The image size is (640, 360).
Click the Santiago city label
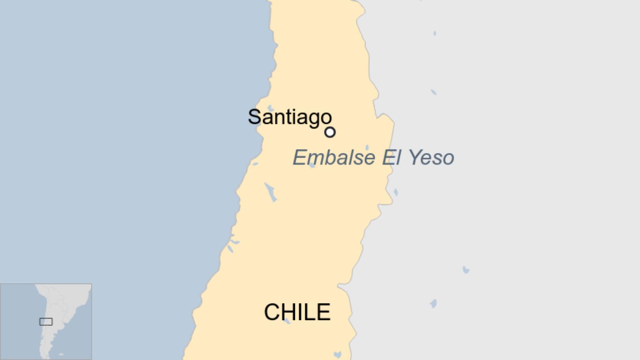pos(290,117)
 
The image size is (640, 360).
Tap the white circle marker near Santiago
pos(330,132)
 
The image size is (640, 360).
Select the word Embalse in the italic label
pos(334,158)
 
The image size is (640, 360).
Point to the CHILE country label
pos(297,312)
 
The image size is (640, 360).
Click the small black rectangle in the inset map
pos(46,322)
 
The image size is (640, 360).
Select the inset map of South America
pos(46,322)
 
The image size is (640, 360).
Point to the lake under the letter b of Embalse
pos(312,165)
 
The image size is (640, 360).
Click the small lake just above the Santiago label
pos(271,108)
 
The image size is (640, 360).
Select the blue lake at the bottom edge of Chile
pos(337,355)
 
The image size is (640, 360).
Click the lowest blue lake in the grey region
pos(433,304)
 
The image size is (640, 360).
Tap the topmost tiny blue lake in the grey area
pos(435,33)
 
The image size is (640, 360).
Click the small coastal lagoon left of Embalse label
pos(255,164)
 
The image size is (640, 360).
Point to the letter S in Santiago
pos(254,117)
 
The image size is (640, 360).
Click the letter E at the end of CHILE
pos(325,312)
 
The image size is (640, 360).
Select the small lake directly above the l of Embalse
pos(367,148)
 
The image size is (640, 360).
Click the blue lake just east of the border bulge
pos(396,192)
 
